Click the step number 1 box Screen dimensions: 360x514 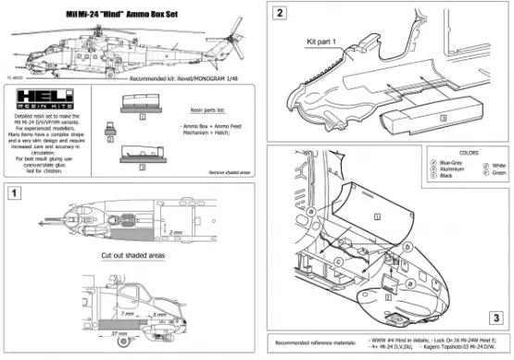pos(16,193)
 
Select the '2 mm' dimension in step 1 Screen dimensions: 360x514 pos(176,233)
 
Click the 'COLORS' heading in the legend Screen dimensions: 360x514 pos(455,154)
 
